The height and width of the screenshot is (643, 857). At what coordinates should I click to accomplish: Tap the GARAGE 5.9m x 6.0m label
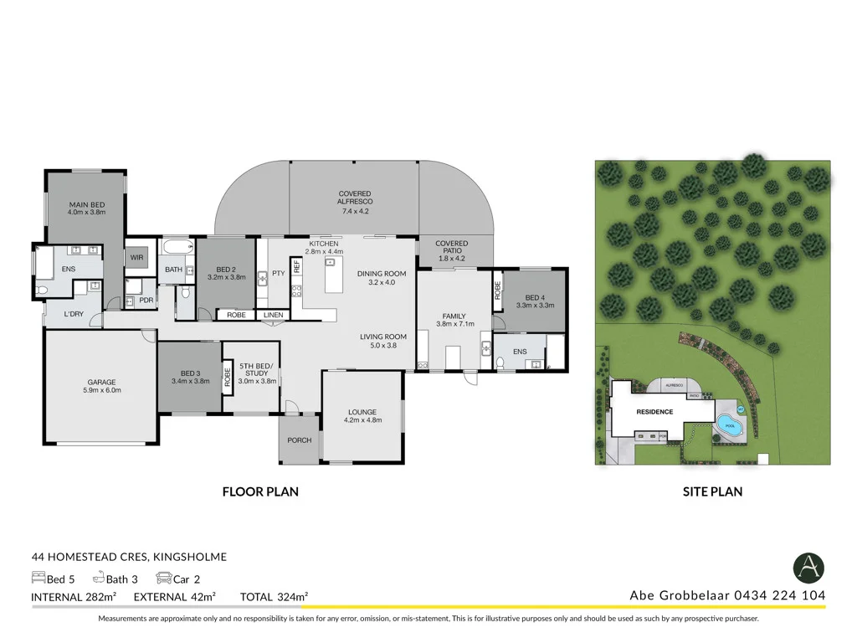(x=102, y=385)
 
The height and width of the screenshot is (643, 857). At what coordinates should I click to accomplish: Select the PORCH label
(x=299, y=440)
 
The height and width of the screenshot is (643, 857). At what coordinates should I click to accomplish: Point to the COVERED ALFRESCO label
(x=355, y=197)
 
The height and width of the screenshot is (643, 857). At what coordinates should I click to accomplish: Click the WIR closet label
(x=137, y=258)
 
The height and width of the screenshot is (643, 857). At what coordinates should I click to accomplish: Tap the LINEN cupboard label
(x=274, y=315)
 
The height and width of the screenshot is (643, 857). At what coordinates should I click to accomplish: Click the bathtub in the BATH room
(x=176, y=248)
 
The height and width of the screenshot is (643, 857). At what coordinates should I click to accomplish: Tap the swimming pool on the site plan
(x=727, y=423)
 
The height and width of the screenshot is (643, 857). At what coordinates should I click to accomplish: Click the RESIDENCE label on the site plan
(x=654, y=412)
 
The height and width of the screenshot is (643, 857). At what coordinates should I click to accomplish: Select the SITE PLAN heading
(x=712, y=492)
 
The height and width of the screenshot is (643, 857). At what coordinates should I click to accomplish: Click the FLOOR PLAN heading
(x=260, y=492)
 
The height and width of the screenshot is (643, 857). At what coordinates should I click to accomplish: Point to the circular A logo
(x=808, y=568)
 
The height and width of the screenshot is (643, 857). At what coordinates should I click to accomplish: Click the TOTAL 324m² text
(x=275, y=596)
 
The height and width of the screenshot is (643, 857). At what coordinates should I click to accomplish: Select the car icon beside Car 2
(x=163, y=578)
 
